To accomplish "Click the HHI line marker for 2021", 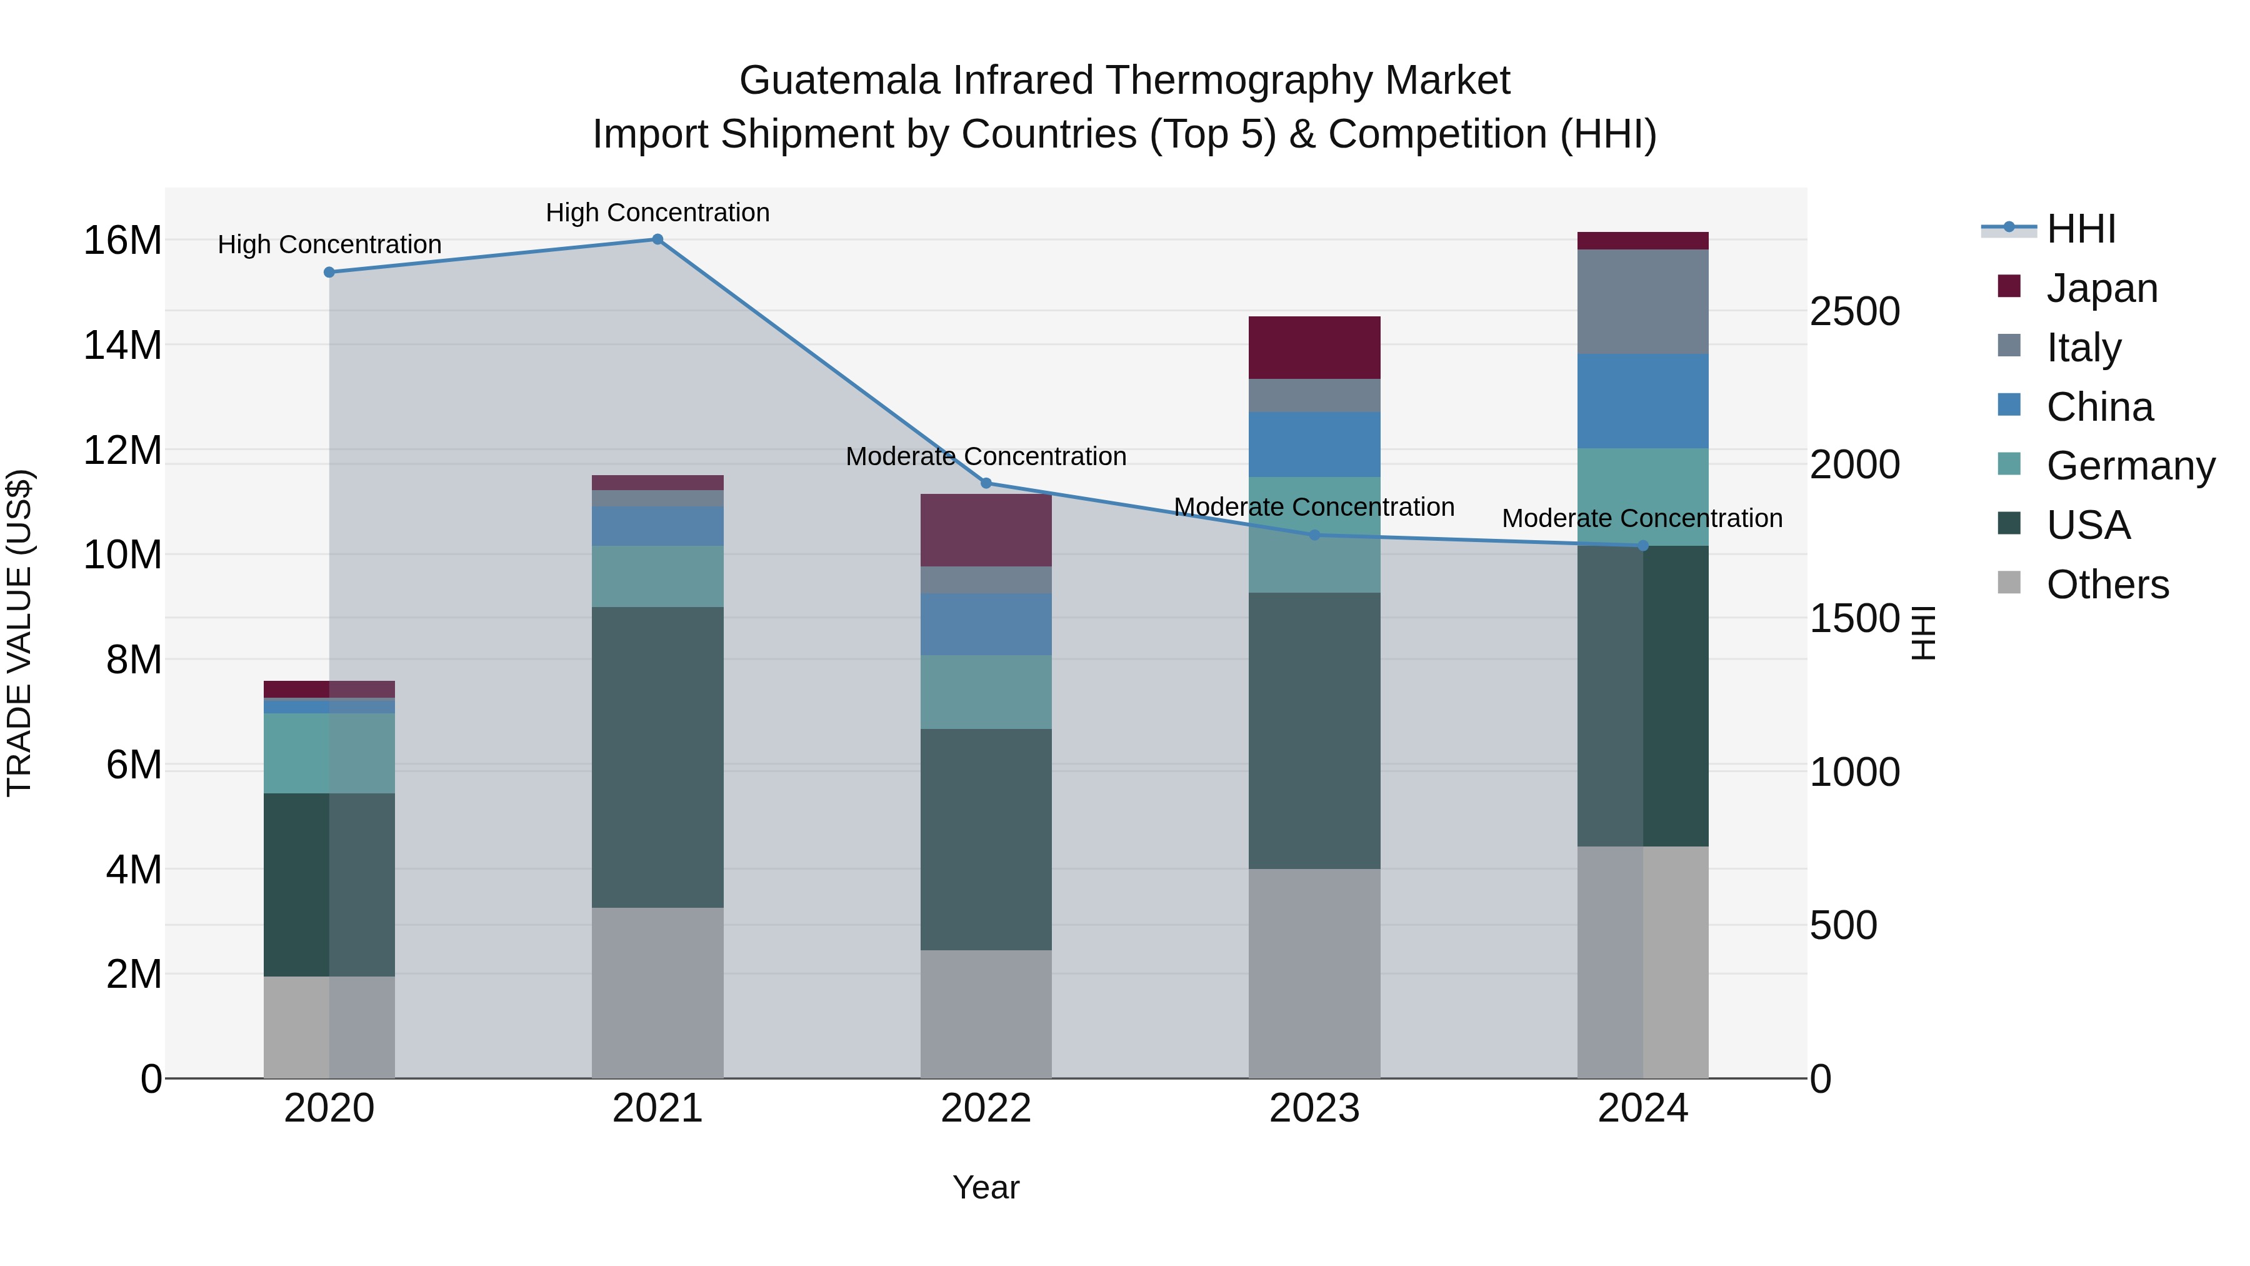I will (657, 239).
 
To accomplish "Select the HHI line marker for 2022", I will (986, 483).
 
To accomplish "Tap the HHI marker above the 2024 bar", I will (1643, 546).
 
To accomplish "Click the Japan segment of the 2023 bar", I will (1314, 348).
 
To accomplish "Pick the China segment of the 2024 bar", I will (1643, 401).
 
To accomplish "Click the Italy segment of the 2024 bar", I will (1643, 301).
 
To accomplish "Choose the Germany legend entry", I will (2129, 466).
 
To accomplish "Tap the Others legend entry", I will (2107, 585).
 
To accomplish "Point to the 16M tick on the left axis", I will (122, 240).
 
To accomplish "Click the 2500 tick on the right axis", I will (1854, 312).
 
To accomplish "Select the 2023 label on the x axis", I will (1314, 1108).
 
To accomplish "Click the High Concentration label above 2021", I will (657, 213).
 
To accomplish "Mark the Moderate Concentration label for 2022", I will (986, 456).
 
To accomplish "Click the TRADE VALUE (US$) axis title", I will (19, 633).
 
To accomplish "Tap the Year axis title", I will (986, 1187).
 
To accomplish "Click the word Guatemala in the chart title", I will (839, 81).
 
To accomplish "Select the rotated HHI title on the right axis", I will (1922, 633).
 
